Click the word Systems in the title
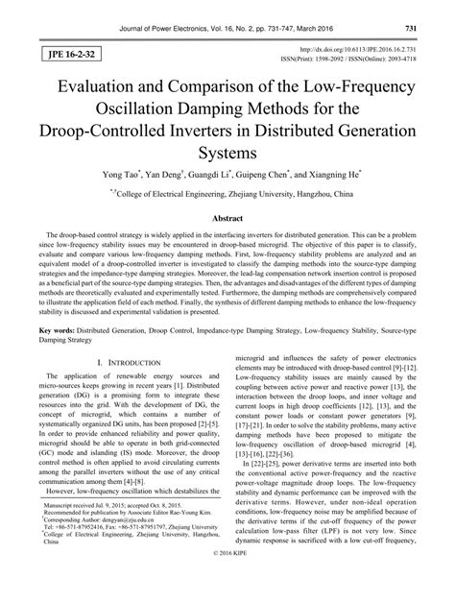(227, 150)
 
